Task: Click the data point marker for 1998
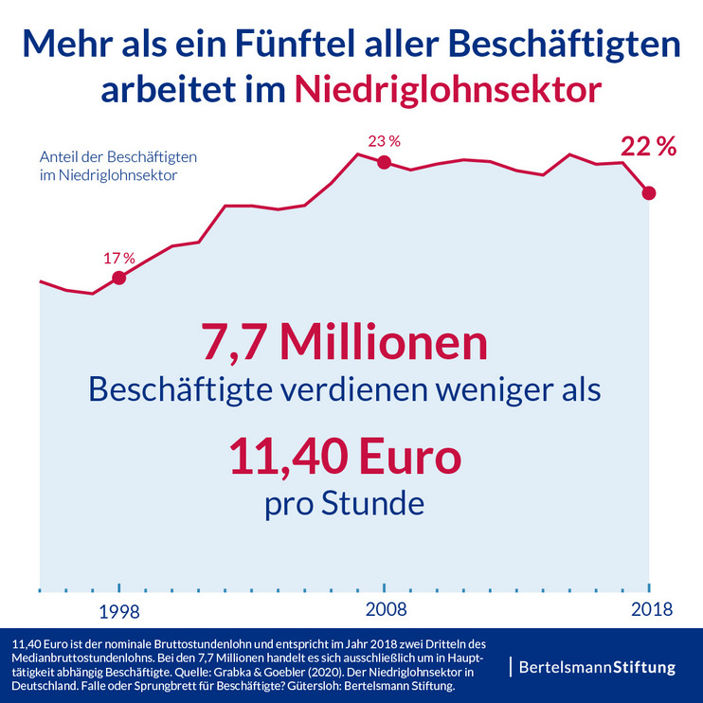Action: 118,278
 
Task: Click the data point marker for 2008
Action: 384,162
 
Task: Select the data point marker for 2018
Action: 649,193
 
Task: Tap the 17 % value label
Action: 119,257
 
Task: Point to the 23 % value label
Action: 384,141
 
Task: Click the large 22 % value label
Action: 648,147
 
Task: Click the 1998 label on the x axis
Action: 119,609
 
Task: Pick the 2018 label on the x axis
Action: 649,609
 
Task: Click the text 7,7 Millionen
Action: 344,343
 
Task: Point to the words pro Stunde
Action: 344,502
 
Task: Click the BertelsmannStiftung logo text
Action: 597,667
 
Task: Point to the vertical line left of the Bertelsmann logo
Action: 511,666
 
